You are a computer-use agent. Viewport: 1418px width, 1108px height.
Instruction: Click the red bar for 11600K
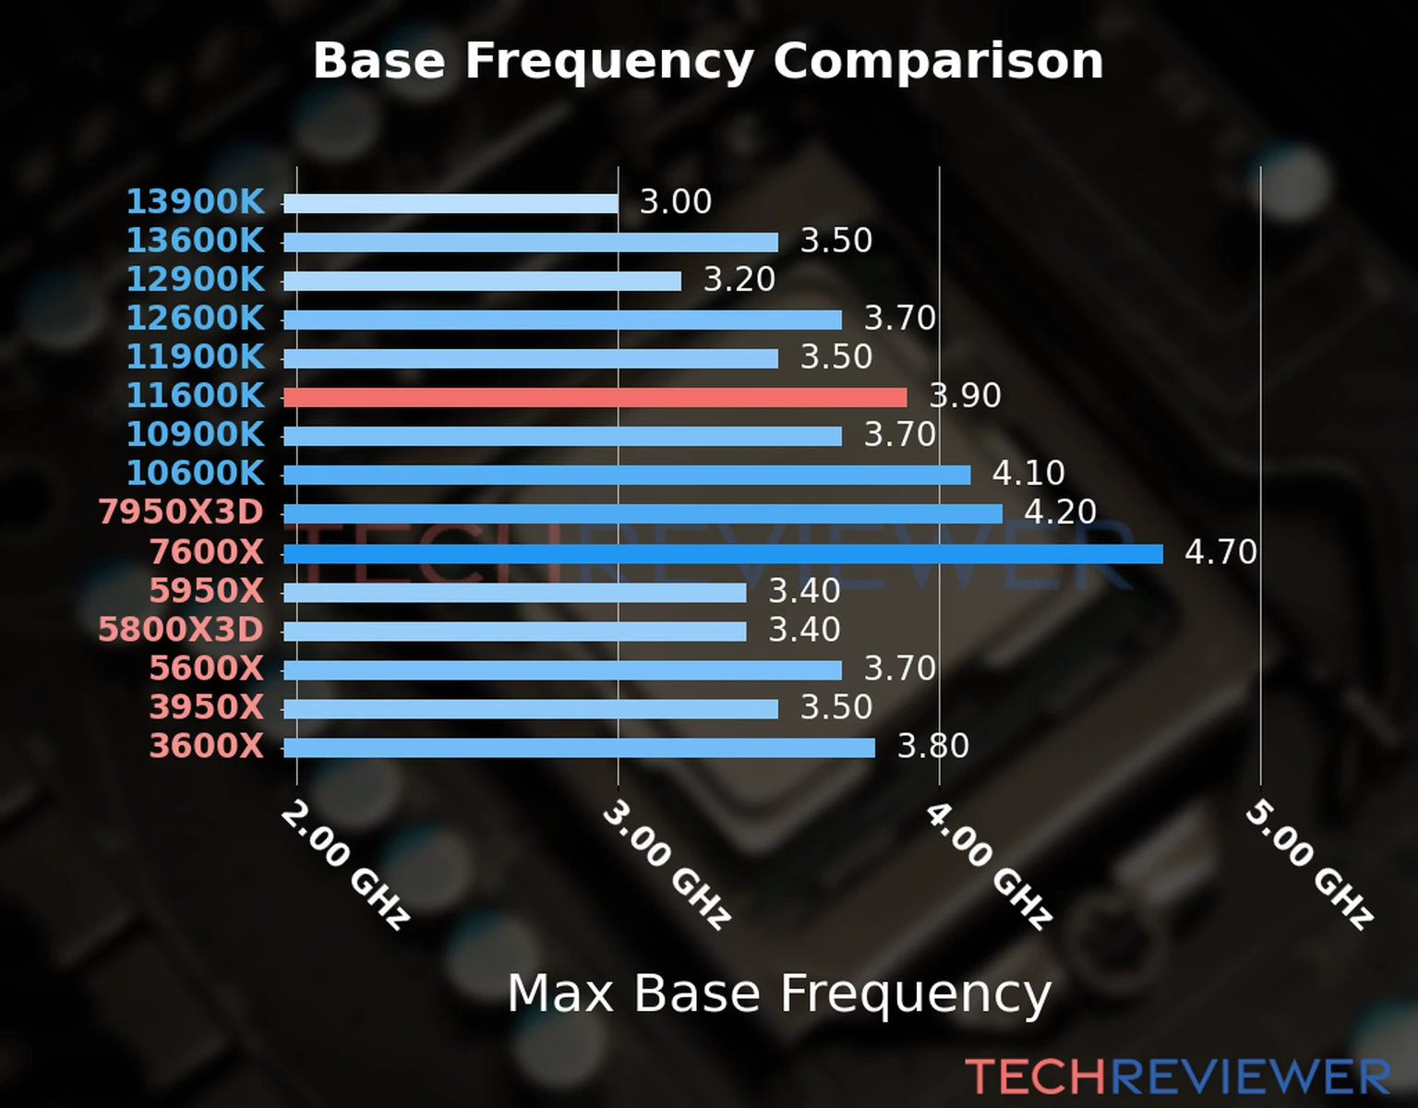tap(595, 397)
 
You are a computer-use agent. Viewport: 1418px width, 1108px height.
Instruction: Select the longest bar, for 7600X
tap(722, 554)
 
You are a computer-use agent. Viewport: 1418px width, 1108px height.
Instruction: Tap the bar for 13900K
tap(451, 203)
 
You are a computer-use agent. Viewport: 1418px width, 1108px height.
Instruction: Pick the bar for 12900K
tap(482, 281)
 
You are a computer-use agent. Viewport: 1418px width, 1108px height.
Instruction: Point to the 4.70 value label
tap(1220, 552)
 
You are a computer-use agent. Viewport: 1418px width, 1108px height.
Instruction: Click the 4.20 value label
tap(1060, 512)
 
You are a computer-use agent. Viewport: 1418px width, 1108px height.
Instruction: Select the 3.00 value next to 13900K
tap(676, 201)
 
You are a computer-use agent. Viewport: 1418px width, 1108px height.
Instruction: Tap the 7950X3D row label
tap(181, 512)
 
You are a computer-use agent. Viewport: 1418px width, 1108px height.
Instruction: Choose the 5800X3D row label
tap(181, 630)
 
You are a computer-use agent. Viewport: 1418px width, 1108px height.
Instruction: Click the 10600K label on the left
tap(195, 473)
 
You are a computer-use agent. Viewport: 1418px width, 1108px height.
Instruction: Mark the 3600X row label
tap(207, 746)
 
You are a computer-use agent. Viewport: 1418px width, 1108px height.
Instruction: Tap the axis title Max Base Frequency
tap(779, 994)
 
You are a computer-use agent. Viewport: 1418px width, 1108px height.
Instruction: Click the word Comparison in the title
tap(938, 61)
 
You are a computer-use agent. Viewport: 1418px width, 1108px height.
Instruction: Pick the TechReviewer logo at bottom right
tap(1177, 1077)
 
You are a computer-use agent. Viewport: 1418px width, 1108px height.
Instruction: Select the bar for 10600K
tap(627, 476)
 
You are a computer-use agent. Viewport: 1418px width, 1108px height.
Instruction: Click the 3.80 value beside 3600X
tap(933, 746)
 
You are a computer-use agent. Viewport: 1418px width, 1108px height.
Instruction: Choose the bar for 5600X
tap(562, 670)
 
